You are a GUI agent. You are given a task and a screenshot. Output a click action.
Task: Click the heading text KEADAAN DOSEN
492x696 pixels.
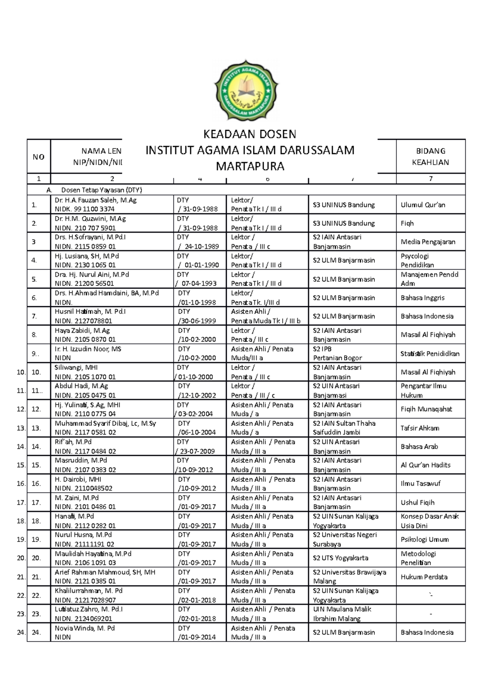point(250,134)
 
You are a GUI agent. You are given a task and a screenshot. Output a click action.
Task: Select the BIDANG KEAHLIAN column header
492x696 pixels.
point(430,157)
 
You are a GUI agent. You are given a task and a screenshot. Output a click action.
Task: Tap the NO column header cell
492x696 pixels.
point(39,157)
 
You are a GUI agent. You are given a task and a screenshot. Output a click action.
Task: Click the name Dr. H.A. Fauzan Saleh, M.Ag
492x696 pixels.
point(95,200)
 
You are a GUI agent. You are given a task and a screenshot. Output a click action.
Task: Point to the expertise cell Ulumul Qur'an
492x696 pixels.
point(423,205)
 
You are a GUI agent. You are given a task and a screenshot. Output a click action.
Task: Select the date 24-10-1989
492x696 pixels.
point(201,247)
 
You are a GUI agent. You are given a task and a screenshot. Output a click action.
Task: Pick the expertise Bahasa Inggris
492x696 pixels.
point(422,298)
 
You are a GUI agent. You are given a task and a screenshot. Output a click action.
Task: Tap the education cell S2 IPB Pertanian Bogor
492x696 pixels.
point(337,353)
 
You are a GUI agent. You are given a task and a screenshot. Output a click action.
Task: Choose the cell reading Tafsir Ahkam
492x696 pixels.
point(419,428)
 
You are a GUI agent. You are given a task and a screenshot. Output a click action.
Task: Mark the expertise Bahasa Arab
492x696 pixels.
point(419,447)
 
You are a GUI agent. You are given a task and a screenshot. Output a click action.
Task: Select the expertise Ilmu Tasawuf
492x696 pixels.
point(420,484)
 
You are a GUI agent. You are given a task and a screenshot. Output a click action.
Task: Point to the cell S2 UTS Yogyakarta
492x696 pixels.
point(340,558)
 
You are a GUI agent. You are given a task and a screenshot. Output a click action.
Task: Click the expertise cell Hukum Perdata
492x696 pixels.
point(424,577)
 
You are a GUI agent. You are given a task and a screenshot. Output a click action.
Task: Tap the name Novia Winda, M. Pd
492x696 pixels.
point(84,628)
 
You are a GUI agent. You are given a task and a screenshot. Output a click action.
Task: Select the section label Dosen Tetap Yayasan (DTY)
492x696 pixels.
point(101,190)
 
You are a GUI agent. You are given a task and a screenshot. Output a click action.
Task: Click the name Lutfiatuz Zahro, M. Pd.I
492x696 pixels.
point(89,610)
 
